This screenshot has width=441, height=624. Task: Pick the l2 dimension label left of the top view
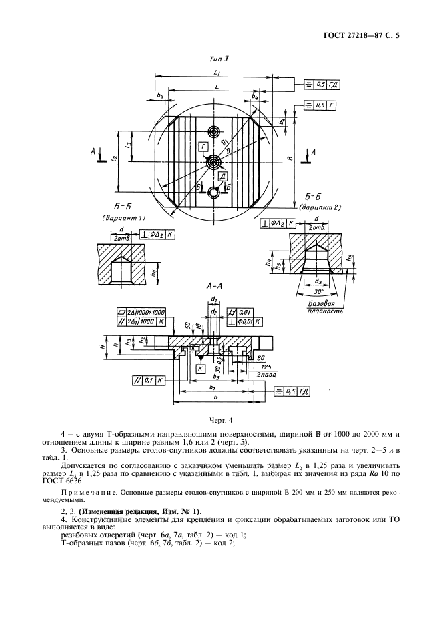(x=115, y=158)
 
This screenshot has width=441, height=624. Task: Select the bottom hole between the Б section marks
(x=213, y=192)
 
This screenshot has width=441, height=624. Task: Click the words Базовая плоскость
(x=326, y=307)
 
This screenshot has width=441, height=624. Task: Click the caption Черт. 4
(x=219, y=421)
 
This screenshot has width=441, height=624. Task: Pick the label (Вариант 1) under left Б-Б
(x=124, y=218)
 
